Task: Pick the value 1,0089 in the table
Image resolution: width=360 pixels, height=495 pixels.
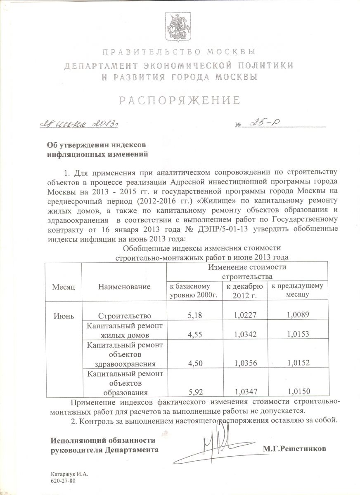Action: coord(298,315)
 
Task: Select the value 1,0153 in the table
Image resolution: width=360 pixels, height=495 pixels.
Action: coord(298,335)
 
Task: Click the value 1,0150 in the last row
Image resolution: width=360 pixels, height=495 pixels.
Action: coord(298,391)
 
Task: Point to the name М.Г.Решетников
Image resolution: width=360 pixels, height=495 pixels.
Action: coord(294,448)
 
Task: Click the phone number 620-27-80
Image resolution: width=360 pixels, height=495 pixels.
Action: coord(63,481)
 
